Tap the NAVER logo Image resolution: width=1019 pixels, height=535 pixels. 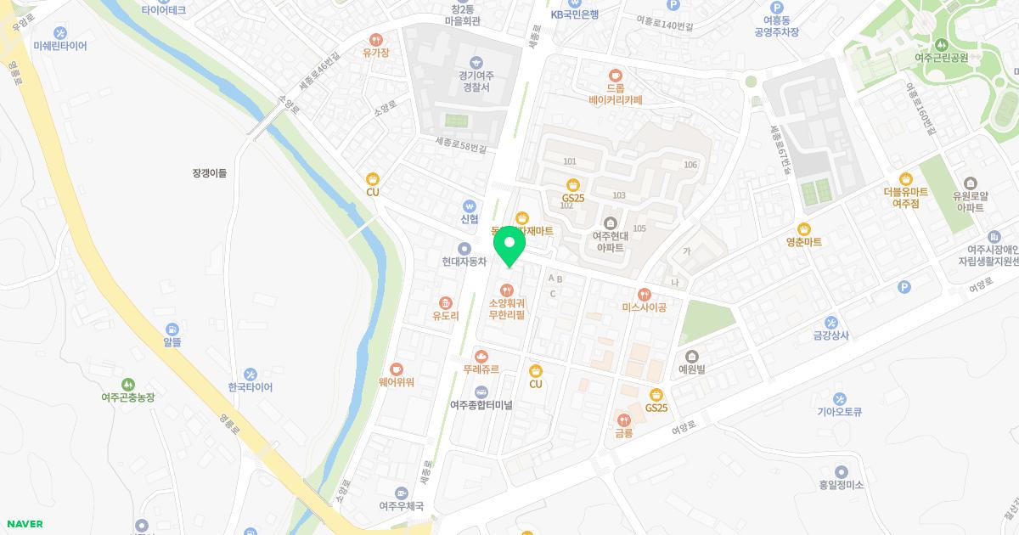point(24,523)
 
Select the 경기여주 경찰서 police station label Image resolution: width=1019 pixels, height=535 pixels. point(476,81)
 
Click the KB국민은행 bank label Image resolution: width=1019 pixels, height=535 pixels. point(575,14)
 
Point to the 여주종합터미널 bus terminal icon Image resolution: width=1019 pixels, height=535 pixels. point(481,391)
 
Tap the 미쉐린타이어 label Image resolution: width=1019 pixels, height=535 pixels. point(60,46)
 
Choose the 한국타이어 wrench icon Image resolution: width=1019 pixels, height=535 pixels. point(251,374)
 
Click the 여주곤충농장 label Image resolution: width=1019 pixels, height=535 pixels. point(127,397)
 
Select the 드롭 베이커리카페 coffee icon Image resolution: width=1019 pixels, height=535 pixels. point(616,74)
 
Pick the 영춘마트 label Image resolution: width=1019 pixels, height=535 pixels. point(803,242)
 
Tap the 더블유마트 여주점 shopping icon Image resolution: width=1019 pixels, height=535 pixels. point(905,178)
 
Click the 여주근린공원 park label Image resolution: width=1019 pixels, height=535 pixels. point(941,58)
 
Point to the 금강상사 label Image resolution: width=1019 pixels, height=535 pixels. point(830,335)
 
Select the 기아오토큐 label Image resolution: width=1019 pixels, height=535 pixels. point(839,412)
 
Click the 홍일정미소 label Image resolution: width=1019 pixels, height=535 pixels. point(841,485)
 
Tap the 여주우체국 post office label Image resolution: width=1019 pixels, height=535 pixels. point(401,505)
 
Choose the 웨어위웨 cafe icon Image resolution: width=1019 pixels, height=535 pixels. point(397,369)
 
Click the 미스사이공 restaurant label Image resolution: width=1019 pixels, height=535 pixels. point(644,307)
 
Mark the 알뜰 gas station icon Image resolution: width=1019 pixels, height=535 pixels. point(172,329)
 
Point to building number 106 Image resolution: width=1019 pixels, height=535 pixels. point(690,165)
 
